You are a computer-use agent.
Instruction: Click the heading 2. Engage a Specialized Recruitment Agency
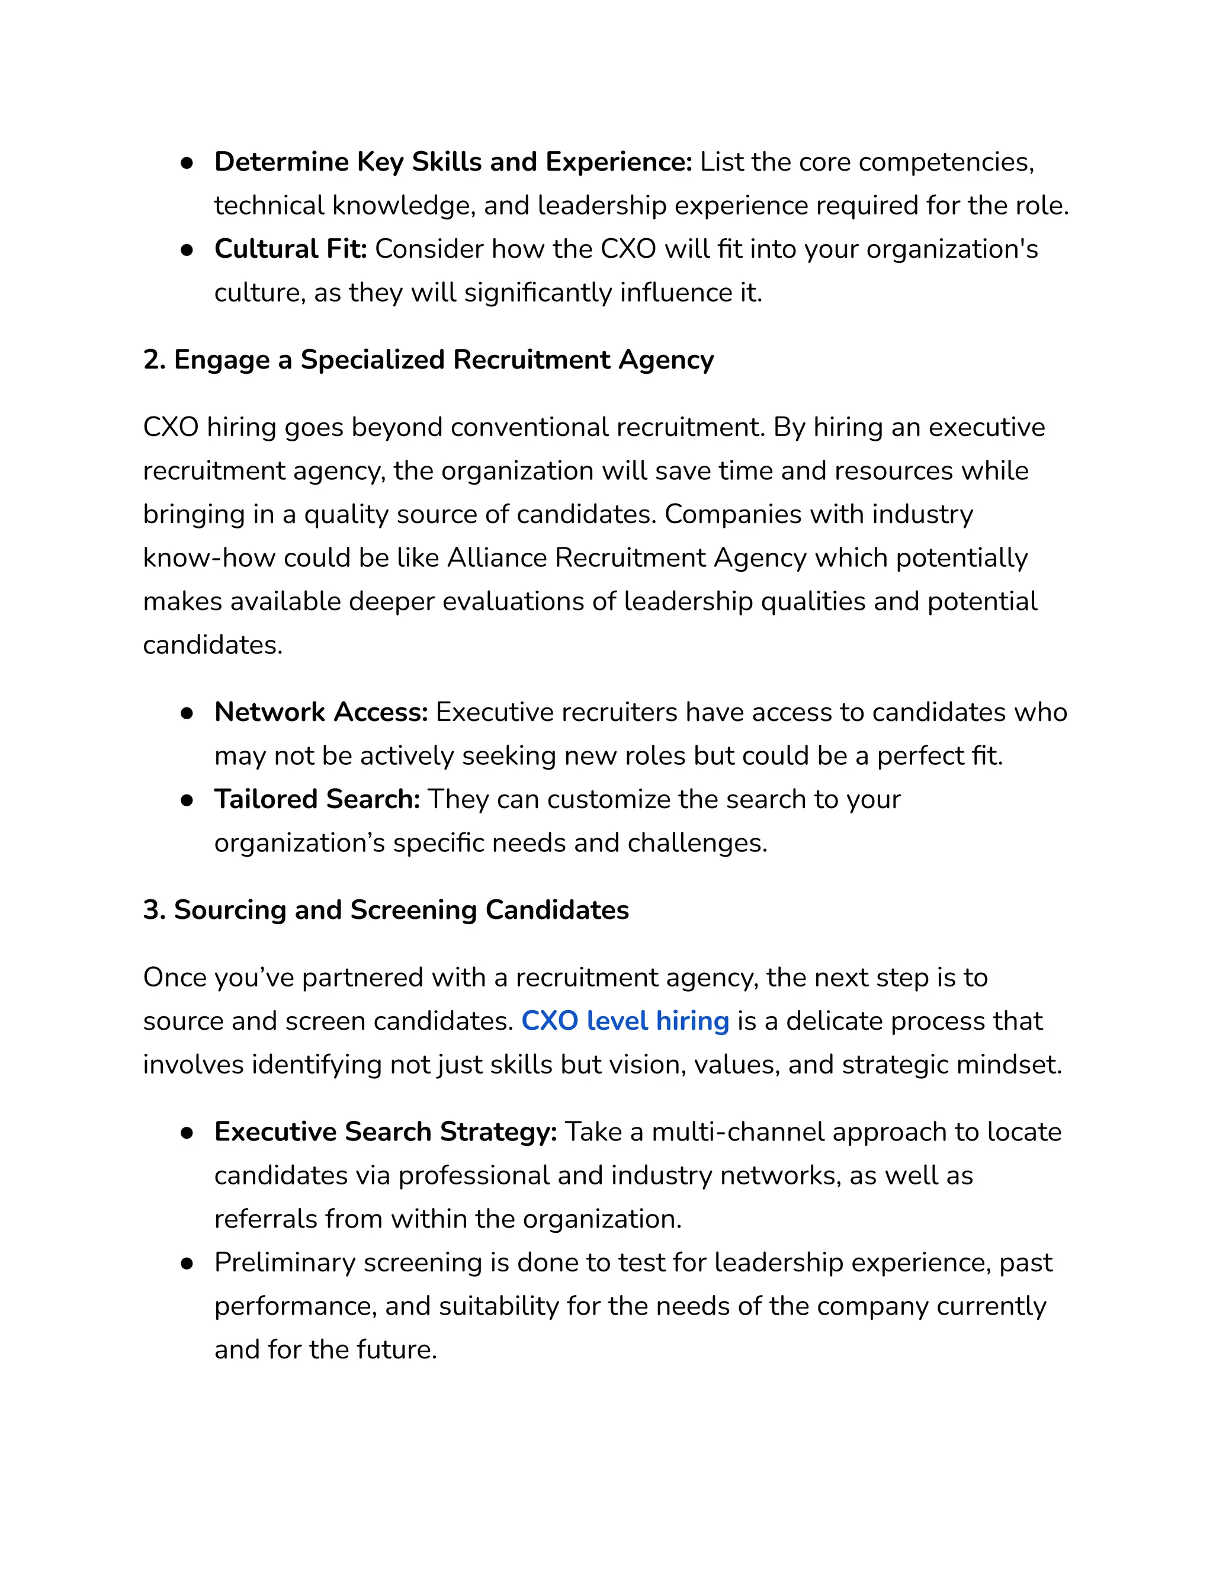[428, 360]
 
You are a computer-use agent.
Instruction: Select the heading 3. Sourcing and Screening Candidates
[386, 910]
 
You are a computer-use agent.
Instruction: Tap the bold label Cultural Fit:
[290, 249]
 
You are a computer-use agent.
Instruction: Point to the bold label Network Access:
[320, 712]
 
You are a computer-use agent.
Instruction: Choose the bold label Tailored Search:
[317, 799]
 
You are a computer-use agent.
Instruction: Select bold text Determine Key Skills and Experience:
[453, 162]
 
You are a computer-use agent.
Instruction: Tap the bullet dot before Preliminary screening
[187, 1263]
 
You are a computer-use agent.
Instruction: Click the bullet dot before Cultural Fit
[187, 249]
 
